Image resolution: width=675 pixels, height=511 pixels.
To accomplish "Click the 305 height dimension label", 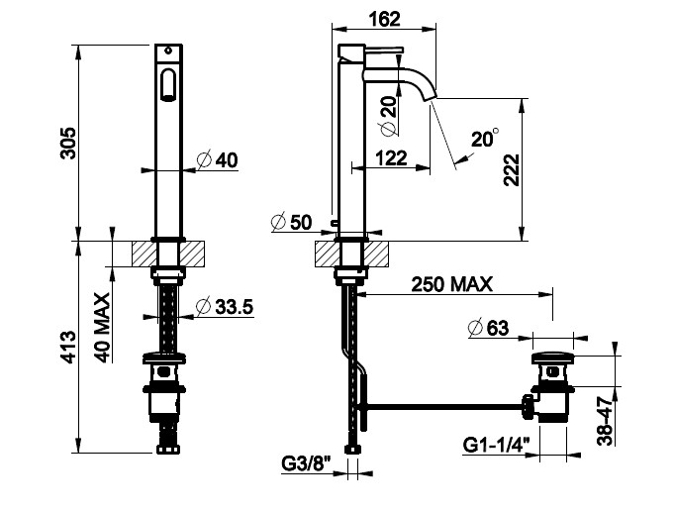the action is click(x=67, y=143).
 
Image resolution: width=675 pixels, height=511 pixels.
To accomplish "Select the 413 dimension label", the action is click(x=67, y=347).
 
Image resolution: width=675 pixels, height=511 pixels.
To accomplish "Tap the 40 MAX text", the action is click(x=102, y=328).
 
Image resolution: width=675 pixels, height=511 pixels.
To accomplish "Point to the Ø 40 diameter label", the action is click(x=218, y=159).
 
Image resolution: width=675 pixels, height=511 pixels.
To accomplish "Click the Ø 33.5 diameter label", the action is click(x=225, y=307).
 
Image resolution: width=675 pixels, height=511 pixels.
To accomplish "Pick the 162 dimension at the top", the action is click(x=384, y=19).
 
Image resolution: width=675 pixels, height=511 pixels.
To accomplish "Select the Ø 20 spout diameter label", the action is click(x=389, y=116).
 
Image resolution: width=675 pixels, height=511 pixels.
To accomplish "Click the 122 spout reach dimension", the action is click(x=391, y=158).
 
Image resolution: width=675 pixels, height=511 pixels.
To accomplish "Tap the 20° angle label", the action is click(x=485, y=138).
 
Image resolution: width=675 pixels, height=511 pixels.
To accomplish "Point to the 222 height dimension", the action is click(x=513, y=169).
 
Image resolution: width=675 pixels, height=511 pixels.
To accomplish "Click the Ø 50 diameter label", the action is click(x=291, y=222).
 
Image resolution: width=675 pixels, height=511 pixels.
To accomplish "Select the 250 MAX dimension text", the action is click(x=451, y=285).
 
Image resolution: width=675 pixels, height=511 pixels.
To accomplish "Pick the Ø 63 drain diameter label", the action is click(x=488, y=328).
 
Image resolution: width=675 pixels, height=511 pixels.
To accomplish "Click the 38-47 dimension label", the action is click(x=605, y=421).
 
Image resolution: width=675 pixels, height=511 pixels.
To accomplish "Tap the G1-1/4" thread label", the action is click(x=496, y=445).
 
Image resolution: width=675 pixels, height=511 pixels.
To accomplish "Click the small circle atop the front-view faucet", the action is click(x=168, y=51).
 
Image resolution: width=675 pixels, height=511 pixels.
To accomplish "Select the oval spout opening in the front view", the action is click(x=168, y=84).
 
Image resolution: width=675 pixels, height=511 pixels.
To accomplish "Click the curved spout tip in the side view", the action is click(x=432, y=96).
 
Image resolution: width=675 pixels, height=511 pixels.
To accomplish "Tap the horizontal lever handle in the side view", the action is click(x=384, y=50).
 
